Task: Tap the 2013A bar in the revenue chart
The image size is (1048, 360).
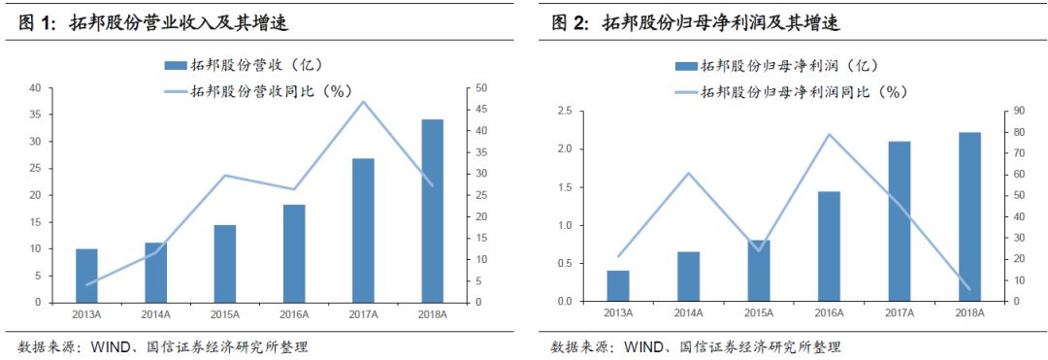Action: (87, 276)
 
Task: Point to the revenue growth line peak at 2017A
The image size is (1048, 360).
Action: (363, 101)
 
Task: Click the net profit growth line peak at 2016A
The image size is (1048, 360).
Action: (828, 134)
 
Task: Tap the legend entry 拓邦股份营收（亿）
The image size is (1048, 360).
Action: (243, 66)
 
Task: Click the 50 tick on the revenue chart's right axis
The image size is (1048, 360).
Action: (481, 88)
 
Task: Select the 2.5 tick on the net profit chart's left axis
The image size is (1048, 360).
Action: (564, 111)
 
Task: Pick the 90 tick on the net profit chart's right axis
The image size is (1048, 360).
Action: (1011, 111)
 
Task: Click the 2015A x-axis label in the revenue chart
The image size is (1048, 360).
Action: (225, 314)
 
